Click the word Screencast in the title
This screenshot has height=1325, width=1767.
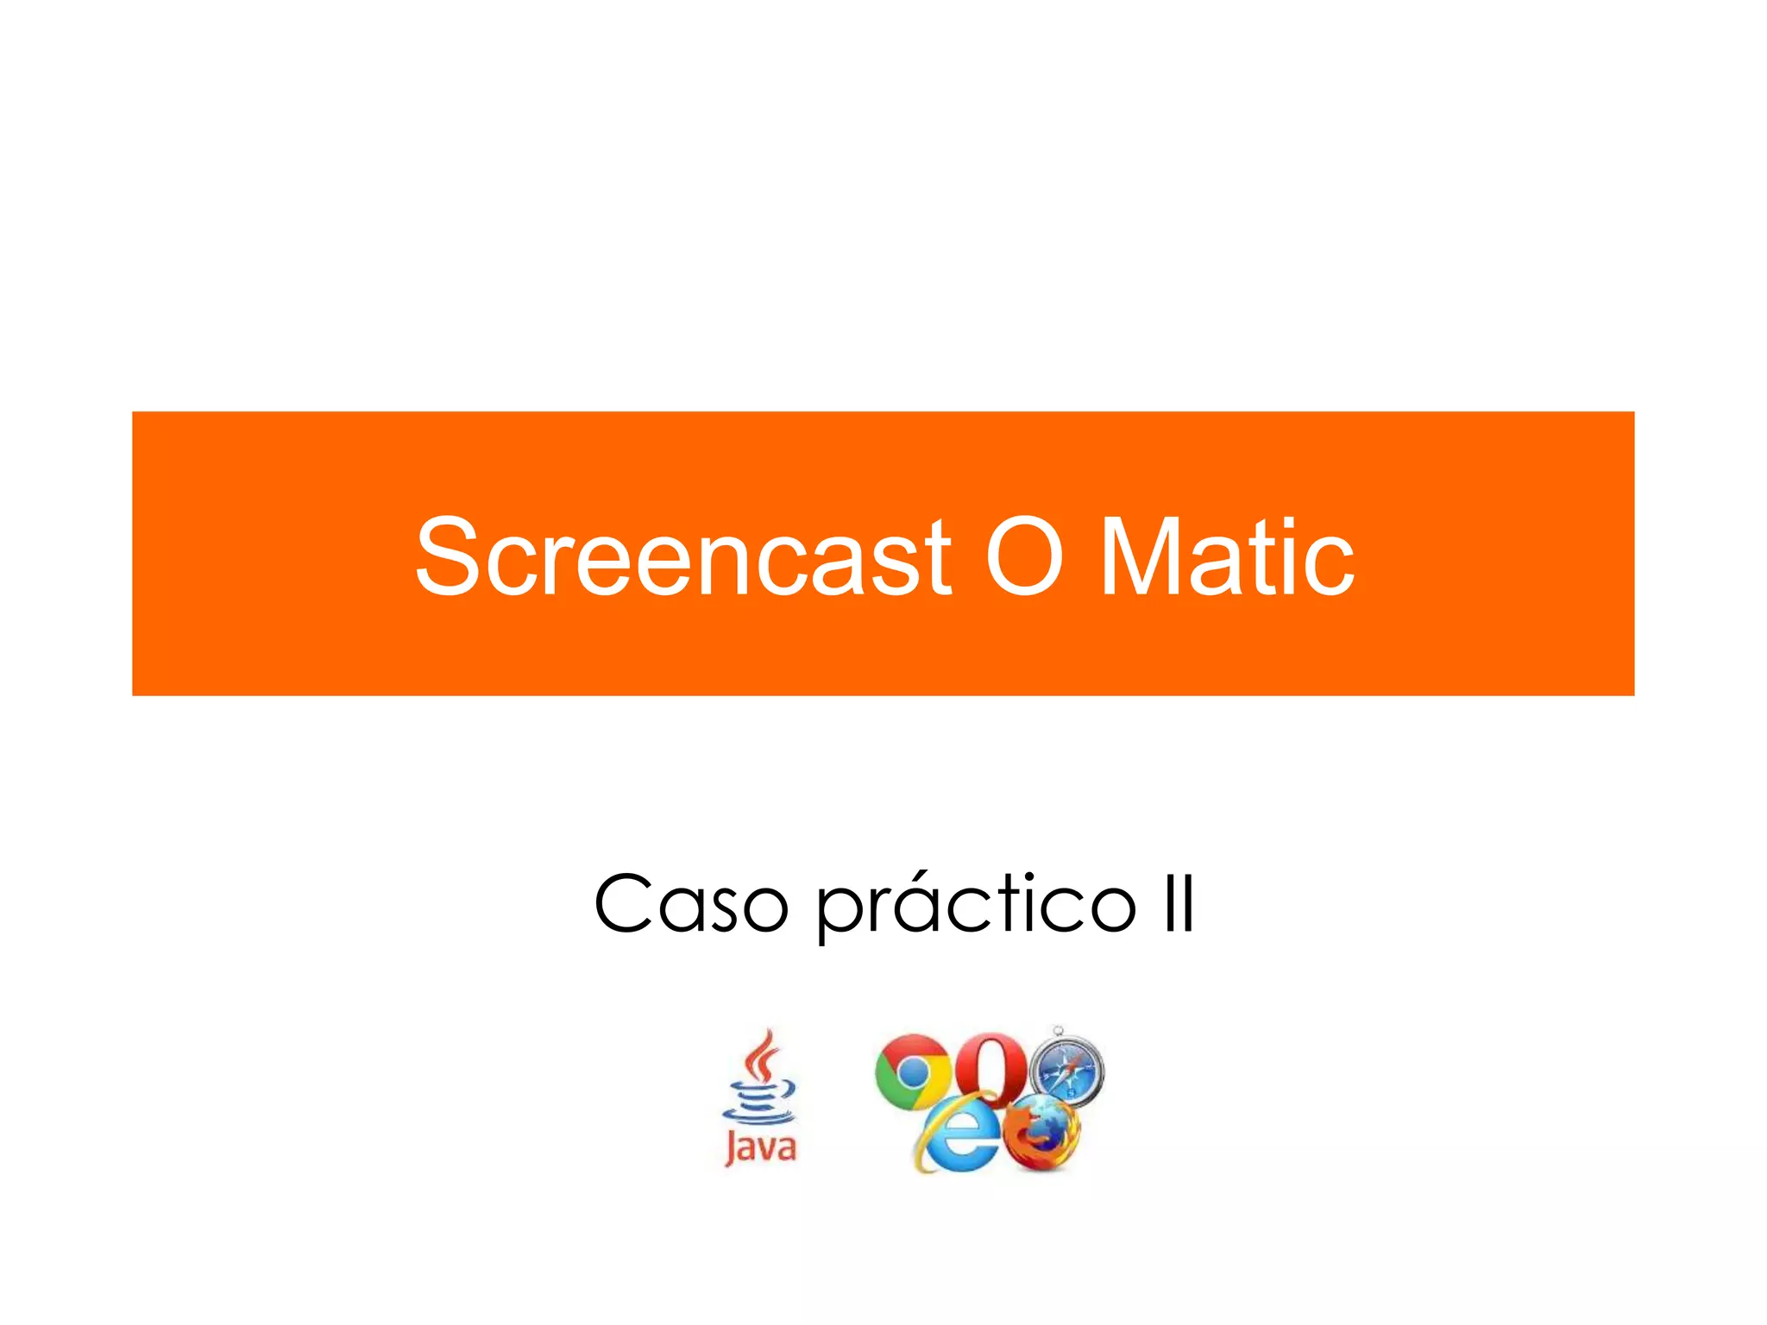coord(682,557)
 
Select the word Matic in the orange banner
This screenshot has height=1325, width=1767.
coord(1227,557)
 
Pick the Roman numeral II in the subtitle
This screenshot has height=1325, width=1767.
coord(1179,904)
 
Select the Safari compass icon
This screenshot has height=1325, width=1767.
coord(1068,1073)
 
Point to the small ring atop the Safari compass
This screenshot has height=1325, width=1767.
coord(1059,1030)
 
